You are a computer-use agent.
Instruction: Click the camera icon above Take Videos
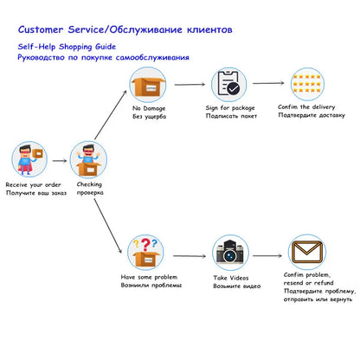(x=230, y=252)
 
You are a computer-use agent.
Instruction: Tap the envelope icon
(x=306, y=252)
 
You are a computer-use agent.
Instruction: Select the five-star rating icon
(x=306, y=84)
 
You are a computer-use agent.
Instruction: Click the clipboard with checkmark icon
(x=228, y=84)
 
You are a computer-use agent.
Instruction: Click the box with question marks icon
(x=146, y=253)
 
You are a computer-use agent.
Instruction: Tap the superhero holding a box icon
(x=29, y=159)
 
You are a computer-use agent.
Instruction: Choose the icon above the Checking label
(x=88, y=159)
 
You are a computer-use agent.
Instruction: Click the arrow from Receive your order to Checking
(x=60, y=161)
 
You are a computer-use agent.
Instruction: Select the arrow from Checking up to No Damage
(x=111, y=115)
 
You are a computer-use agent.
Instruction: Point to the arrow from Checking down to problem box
(x=108, y=226)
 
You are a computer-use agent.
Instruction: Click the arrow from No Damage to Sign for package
(x=190, y=85)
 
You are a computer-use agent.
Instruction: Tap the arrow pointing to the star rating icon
(x=268, y=83)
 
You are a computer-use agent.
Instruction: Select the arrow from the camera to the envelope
(x=267, y=255)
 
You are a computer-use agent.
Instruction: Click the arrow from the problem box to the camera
(x=190, y=256)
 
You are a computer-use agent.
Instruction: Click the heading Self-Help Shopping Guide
(x=67, y=47)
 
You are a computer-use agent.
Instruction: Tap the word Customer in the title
(x=41, y=29)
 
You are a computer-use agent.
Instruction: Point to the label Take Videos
(x=231, y=278)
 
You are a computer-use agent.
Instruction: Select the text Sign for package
(x=230, y=108)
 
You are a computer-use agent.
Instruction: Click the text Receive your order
(x=34, y=185)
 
